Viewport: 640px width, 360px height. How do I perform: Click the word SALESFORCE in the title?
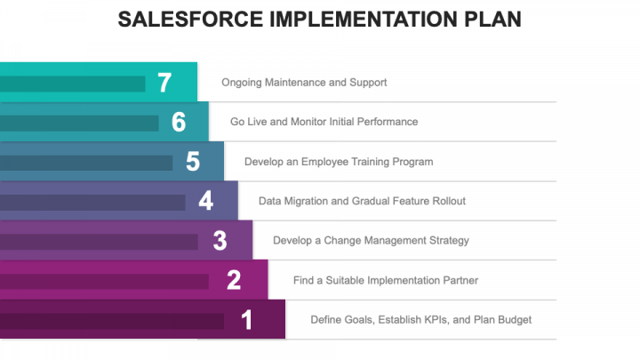click(190, 20)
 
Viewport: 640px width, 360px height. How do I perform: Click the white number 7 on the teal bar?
click(164, 83)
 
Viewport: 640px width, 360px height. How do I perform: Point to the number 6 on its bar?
click(179, 122)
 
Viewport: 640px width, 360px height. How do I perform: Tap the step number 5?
click(193, 162)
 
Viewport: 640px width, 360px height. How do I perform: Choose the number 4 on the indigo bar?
click(205, 201)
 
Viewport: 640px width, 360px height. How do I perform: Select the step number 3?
click(220, 240)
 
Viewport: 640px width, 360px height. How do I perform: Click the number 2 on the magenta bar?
click(234, 280)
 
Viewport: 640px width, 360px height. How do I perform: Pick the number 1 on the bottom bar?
click(246, 320)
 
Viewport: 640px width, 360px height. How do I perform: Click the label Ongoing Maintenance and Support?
click(304, 83)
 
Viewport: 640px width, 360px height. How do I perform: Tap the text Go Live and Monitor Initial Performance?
click(324, 122)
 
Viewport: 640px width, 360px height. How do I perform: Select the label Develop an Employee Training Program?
click(339, 162)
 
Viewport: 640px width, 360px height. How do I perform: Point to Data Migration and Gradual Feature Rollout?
click(362, 201)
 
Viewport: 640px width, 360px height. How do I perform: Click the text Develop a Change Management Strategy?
click(371, 240)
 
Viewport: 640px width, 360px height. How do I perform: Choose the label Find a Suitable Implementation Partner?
click(386, 280)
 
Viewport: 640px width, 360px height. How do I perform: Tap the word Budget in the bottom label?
click(515, 320)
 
